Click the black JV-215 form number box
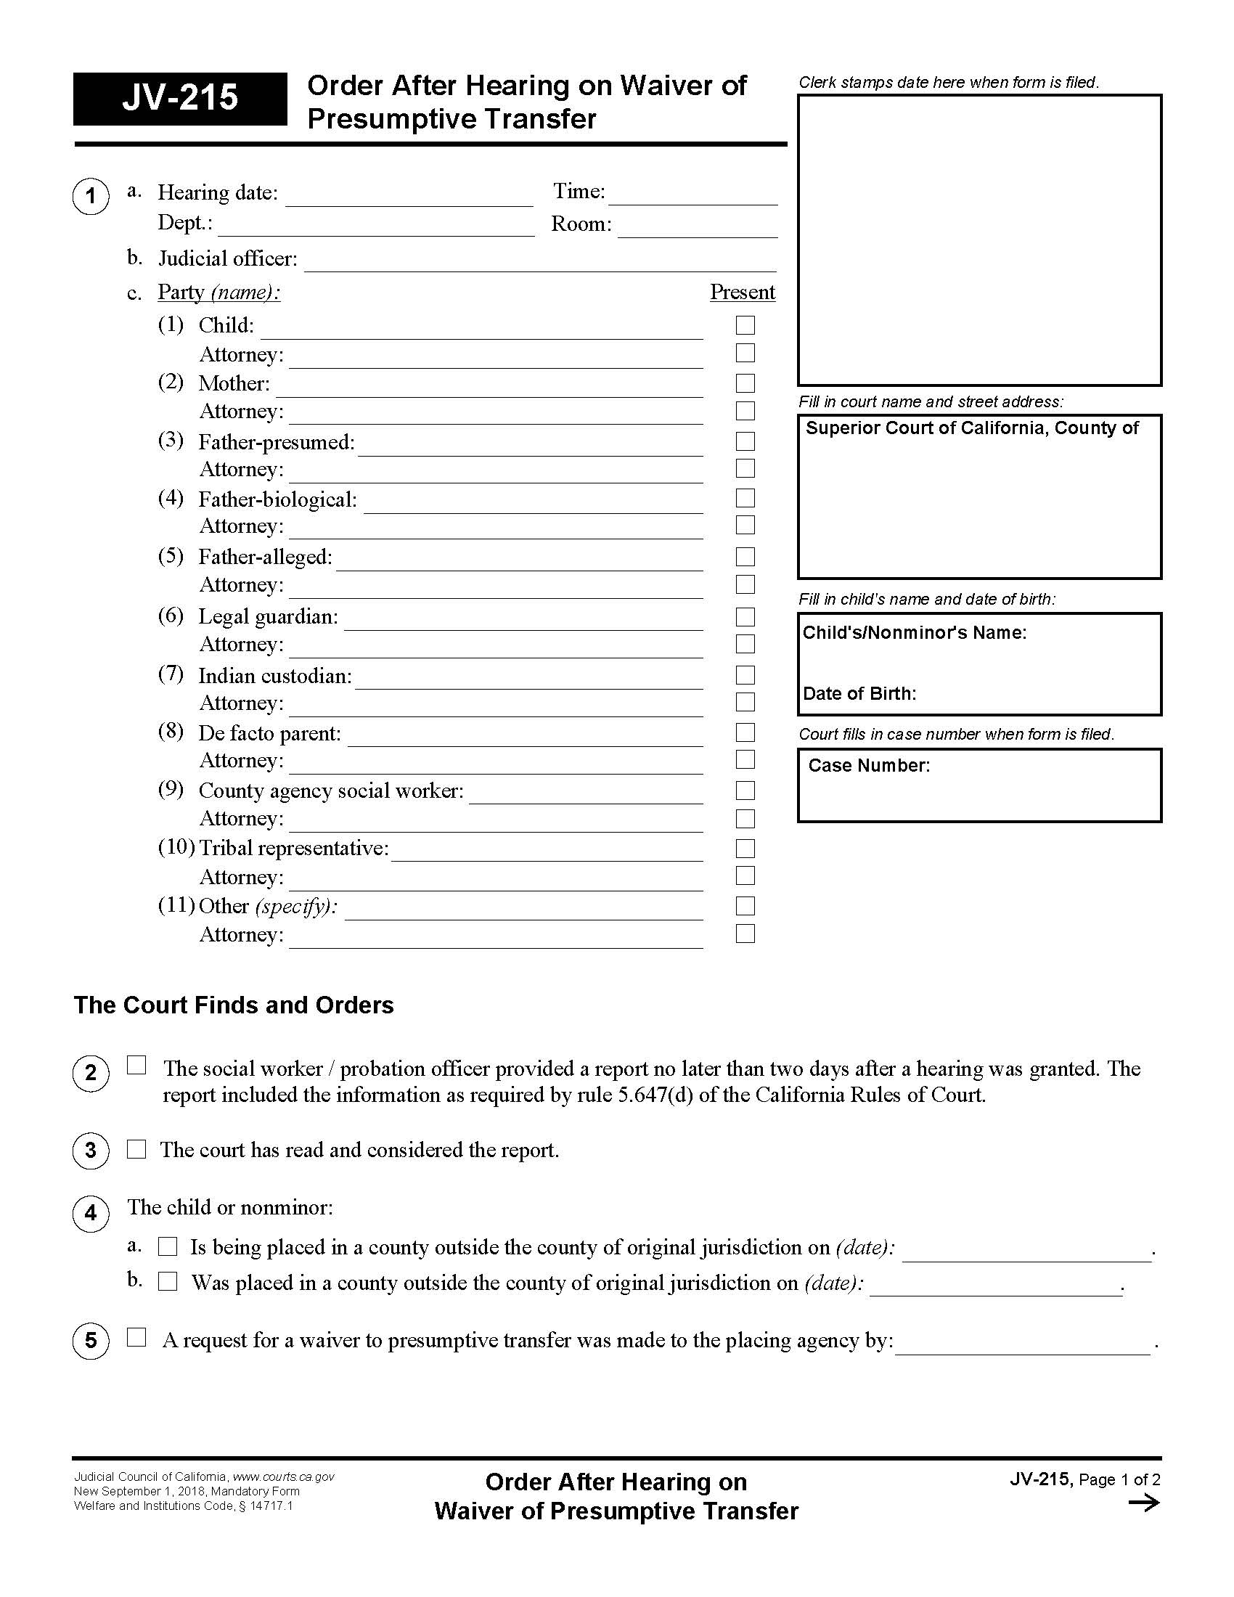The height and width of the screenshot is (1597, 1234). point(180,99)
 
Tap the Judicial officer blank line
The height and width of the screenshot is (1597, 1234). point(539,263)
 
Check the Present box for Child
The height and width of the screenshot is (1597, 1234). point(745,325)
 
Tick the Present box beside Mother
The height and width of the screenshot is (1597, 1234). point(745,383)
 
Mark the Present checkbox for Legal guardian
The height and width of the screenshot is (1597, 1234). point(745,617)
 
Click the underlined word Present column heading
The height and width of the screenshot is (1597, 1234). point(742,293)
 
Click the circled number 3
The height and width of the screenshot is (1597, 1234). point(91,1151)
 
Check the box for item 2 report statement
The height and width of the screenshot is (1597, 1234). point(136,1066)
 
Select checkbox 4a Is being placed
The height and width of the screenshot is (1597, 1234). point(168,1246)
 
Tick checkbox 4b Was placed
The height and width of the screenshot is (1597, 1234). point(168,1282)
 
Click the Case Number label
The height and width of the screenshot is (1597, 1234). point(868,766)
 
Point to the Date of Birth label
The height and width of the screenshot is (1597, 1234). point(859,693)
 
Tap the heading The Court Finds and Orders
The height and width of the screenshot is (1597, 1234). point(233,1005)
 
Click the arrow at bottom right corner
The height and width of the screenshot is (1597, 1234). point(1144,1503)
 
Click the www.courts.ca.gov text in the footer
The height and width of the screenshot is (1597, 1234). point(283,1476)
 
